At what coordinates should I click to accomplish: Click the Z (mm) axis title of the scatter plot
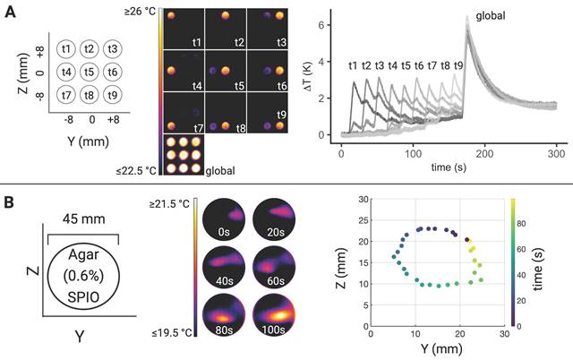tap(346, 262)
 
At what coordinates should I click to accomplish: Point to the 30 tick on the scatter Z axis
tap(360, 199)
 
